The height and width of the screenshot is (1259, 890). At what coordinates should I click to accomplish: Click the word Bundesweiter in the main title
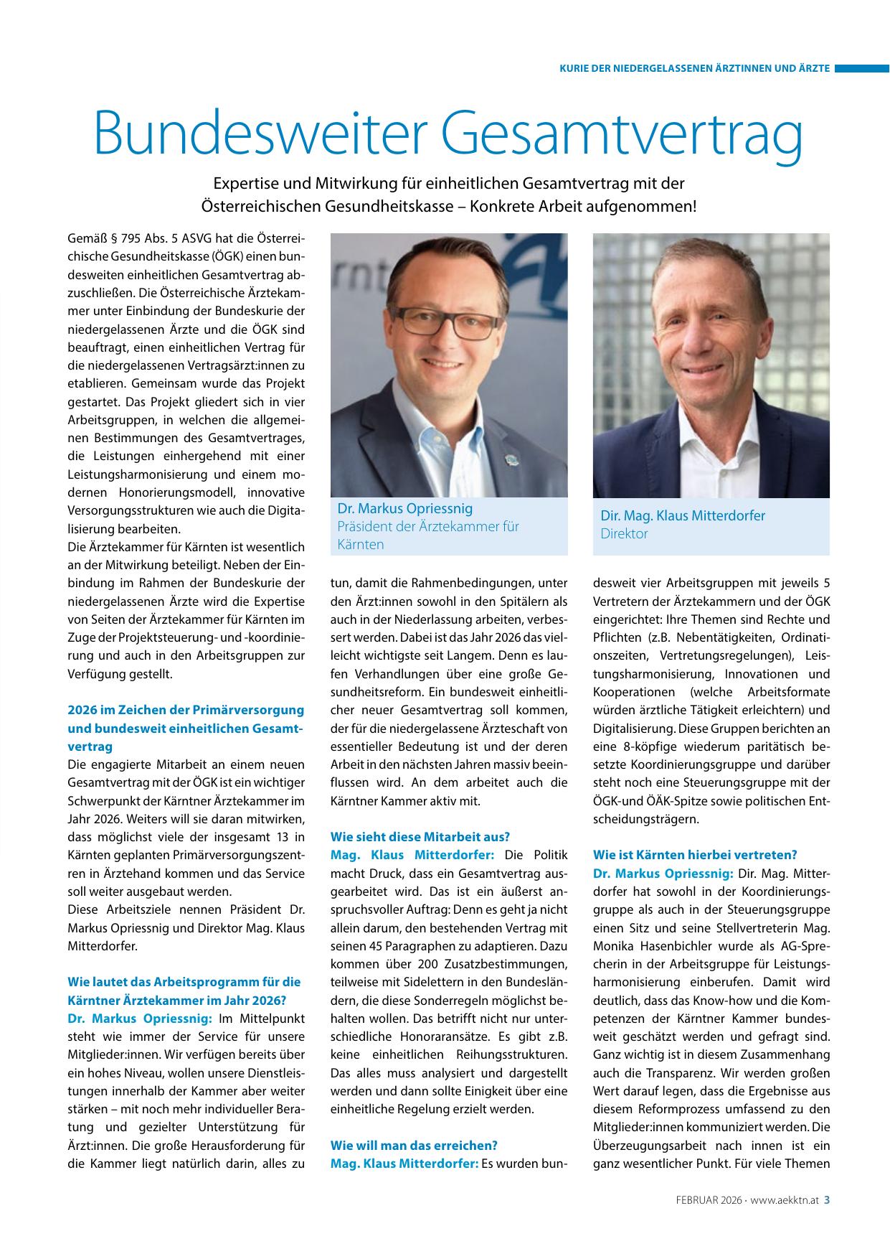click(x=252, y=134)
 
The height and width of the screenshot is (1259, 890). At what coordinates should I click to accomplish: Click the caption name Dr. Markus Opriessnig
click(x=405, y=508)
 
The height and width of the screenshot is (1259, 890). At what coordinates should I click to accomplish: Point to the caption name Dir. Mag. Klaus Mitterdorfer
click(x=683, y=515)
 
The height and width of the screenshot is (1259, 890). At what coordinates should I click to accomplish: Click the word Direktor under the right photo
click(x=624, y=533)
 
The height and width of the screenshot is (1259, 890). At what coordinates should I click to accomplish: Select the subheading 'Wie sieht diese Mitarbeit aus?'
click(x=420, y=837)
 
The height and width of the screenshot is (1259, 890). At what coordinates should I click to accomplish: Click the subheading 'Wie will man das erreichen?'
click(x=414, y=1145)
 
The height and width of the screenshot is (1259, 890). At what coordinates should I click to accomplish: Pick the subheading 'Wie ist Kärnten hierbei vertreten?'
click(x=695, y=855)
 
